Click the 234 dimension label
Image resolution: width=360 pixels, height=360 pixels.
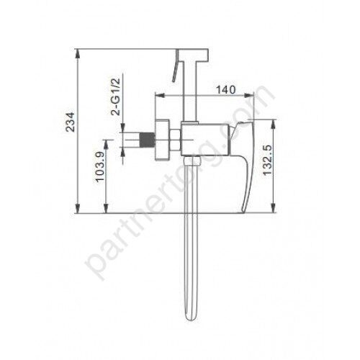pyautogui.click(x=71, y=122)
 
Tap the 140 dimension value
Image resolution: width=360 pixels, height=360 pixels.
pyautogui.click(x=226, y=90)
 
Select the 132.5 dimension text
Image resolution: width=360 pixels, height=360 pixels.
pyautogui.click(x=267, y=160)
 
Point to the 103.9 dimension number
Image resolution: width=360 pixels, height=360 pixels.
pyautogui.click(x=100, y=166)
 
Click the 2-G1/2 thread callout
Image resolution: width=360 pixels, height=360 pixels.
pyautogui.click(x=116, y=97)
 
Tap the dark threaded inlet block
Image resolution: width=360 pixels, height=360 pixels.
pyautogui.click(x=147, y=140)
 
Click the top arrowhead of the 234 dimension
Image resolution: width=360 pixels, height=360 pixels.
pyautogui.click(x=77, y=53)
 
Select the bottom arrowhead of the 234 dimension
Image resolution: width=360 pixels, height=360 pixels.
pyautogui.click(x=77, y=208)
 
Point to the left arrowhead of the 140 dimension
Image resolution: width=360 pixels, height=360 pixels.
pyautogui.click(x=160, y=95)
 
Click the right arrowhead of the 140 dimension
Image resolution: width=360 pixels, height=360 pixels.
pyautogui.click(x=249, y=95)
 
